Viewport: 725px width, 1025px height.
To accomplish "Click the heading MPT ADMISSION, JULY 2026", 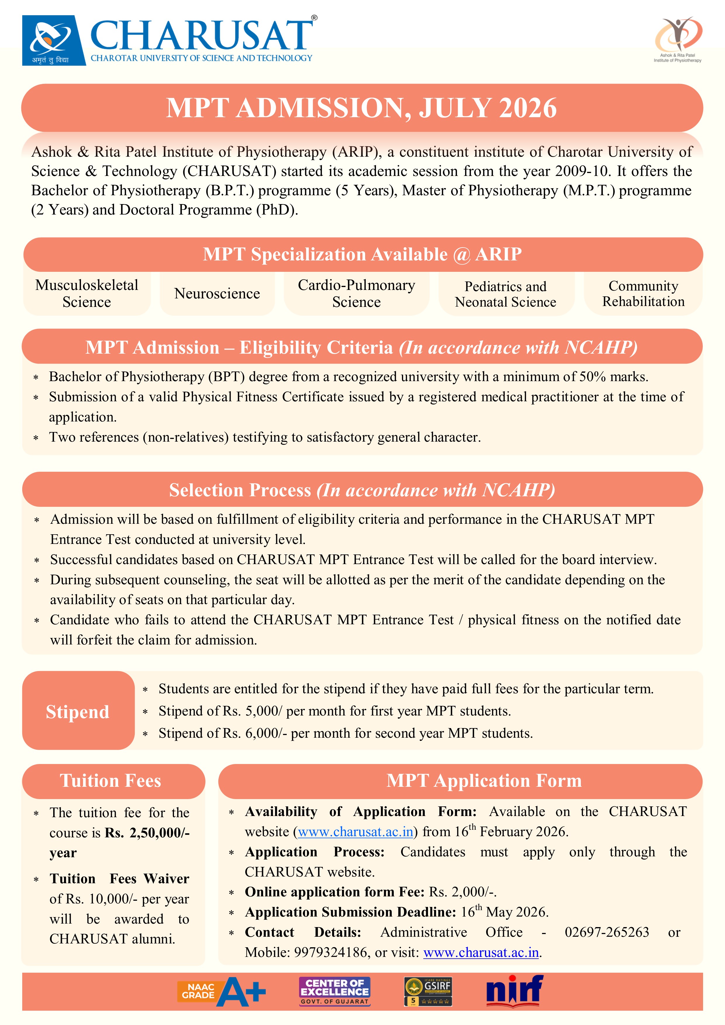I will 362,108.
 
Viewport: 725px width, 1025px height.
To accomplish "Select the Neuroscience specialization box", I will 217,294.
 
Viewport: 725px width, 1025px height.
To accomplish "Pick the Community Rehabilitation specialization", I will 643,294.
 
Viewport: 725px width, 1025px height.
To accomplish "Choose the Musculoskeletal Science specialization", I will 87,294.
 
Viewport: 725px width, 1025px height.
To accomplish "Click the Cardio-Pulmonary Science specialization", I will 356,294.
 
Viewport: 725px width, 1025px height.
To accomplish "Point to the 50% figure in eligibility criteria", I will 592,377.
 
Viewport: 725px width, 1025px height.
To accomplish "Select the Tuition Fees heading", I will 111,781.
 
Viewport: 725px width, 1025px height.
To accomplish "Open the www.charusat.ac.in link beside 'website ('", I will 355,832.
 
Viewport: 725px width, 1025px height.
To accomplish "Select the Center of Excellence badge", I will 335,991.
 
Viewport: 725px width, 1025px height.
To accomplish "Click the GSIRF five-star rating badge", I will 428,991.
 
